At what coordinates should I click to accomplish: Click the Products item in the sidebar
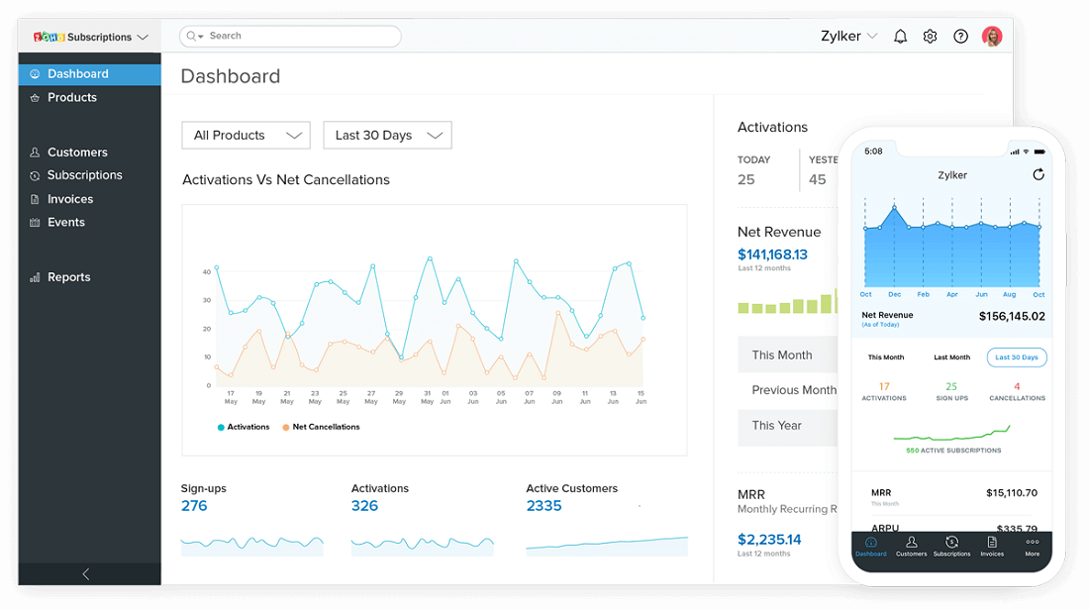click(x=71, y=97)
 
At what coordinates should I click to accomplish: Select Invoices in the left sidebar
click(x=69, y=199)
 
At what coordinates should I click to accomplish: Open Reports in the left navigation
click(x=68, y=277)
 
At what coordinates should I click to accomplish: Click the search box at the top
click(x=289, y=37)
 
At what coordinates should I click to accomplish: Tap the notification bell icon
click(x=900, y=37)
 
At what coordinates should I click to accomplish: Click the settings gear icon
click(x=930, y=37)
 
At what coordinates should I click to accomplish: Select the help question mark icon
click(x=960, y=37)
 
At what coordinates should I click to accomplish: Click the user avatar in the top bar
click(x=992, y=37)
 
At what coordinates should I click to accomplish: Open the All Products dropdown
click(x=246, y=136)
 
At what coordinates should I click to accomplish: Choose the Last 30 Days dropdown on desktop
click(x=387, y=136)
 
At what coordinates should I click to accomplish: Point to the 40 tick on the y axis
click(x=207, y=271)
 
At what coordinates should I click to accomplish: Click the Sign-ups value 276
click(x=194, y=506)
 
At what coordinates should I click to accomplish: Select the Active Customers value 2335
click(x=544, y=506)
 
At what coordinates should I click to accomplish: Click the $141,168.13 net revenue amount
click(x=772, y=254)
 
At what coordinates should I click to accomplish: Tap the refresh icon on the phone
click(x=1039, y=174)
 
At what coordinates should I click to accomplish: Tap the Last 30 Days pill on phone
click(x=1017, y=357)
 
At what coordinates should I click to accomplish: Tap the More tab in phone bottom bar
click(x=1033, y=546)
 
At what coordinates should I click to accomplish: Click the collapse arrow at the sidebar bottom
click(x=86, y=574)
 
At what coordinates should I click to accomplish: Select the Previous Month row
click(x=793, y=390)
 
